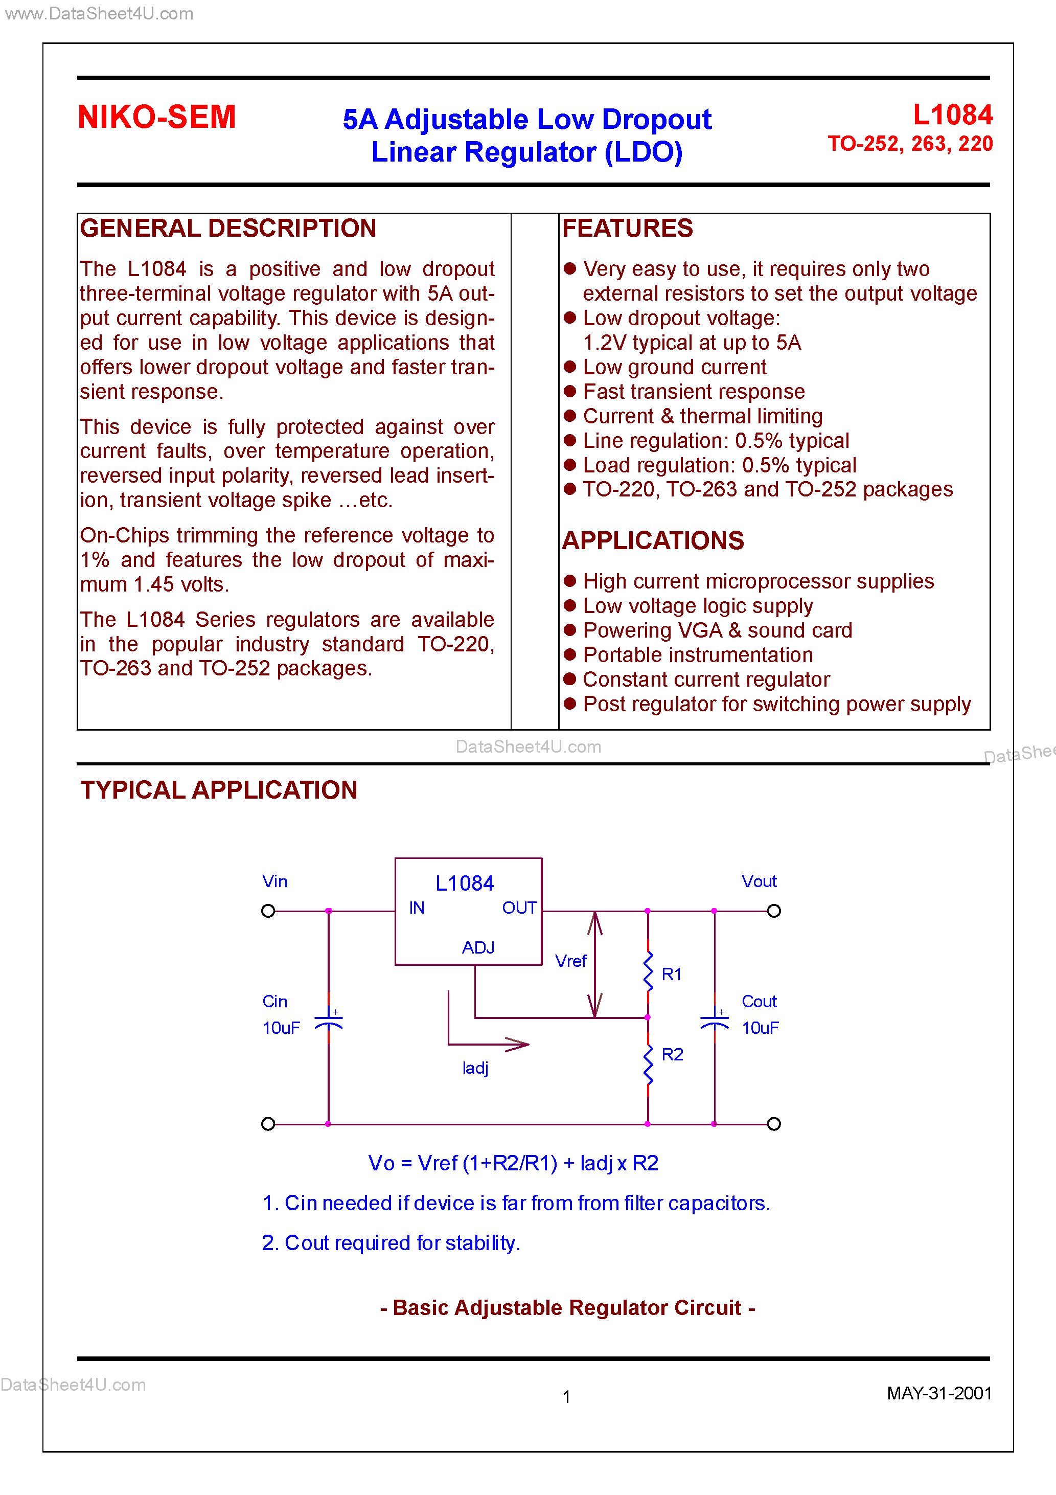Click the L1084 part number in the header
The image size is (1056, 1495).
[x=952, y=115]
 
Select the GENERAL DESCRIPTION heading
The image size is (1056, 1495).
[x=228, y=229]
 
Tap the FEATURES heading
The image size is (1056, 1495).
[x=627, y=229]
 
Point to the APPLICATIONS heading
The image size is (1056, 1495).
[x=652, y=540]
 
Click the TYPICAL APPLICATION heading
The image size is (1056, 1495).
[x=219, y=790]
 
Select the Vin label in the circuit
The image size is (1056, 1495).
[x=274, y=881]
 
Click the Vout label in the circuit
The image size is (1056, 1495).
[x=759, y=881]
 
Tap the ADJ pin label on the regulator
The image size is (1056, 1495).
[x=478, y=947]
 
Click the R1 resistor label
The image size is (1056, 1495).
[x=671, y=974]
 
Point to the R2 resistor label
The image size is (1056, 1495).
[x=672, y=1054]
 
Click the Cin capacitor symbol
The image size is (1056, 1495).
[x=329, y=1021]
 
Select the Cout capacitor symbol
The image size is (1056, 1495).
[x=714, y=1021]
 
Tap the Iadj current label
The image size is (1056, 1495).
[x=475, y=1068]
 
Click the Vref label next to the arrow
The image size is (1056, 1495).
[x=570, y=961]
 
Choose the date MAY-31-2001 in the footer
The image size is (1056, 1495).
[x=939, y=1393]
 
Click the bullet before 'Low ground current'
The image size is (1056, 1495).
[x=570, y=367]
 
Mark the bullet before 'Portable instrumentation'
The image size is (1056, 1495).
[x=570, y=654]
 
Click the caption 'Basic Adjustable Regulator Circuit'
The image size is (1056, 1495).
[x=567, y=1307]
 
